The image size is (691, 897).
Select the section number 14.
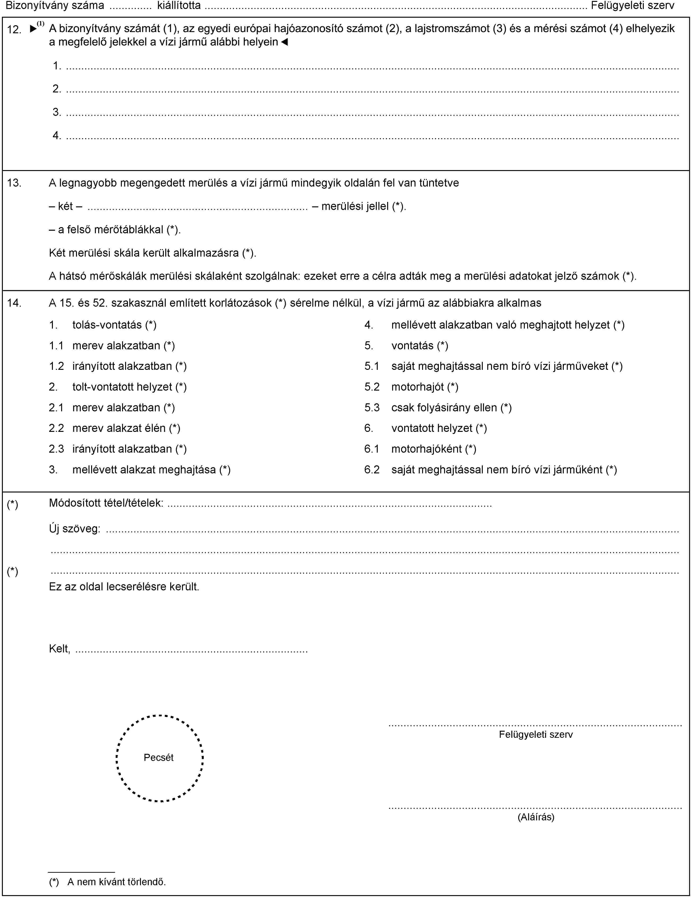click(x=14, y=303)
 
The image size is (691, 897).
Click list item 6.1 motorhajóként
click(x=433, y=449)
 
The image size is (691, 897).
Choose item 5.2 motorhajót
click(x=424, y=387)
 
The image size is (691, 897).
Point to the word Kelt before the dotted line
click(x=59, y=649)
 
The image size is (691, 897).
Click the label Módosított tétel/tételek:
click(x=106, y=503)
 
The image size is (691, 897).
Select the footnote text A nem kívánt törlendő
click(x=116, y=881)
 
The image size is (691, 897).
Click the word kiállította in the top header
click(x=179, y=5)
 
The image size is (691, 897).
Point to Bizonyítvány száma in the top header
click(x=55, y=5)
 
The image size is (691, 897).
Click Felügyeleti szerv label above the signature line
click(x=536, y=734)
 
